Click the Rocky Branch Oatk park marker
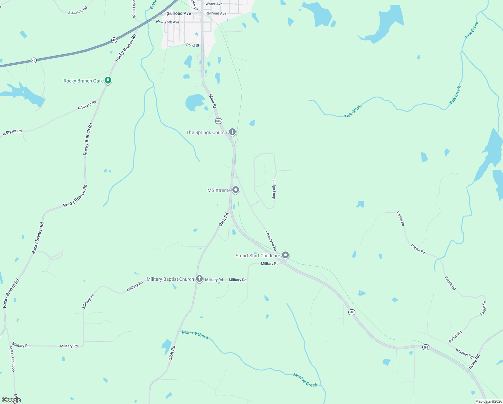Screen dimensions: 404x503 pyautogui.click(x=108, y=80)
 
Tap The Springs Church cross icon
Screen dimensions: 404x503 pyautogui.click(x=232, y=132)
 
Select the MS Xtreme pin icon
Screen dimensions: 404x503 pyautogui.click(x=236, y=190)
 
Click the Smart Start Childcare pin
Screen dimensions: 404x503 pyautogui.click(x=285, y=255)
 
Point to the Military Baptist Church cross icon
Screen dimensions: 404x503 pyautogui.click(x=199, y=279)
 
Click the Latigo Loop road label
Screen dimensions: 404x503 pyautogui.click(x=274, y=189)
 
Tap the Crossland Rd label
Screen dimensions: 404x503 pyautogui.click(x=271, y=240)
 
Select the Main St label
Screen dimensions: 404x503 pyautogui.click(x=212, y=101)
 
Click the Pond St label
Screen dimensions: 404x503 pyautogui.click(x=193, y=45)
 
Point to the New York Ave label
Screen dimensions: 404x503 pyautogui.click(x=167, y=22)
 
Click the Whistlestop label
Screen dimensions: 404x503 pyautogui.click(x=465, y=353)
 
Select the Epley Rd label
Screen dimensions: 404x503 pyautogui.click(x=474, y=362)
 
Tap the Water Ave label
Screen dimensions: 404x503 pyautogui.click(x=214, y=4)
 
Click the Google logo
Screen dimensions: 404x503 pyautogui.click(x=11, y=400)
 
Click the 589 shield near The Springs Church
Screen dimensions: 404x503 pyautogui.click(x=219, y=121)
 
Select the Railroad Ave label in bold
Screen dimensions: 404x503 pyautogui.click(x=179, y=13)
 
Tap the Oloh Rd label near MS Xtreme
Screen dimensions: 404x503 pyautogui.click(x=224, y=220)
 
